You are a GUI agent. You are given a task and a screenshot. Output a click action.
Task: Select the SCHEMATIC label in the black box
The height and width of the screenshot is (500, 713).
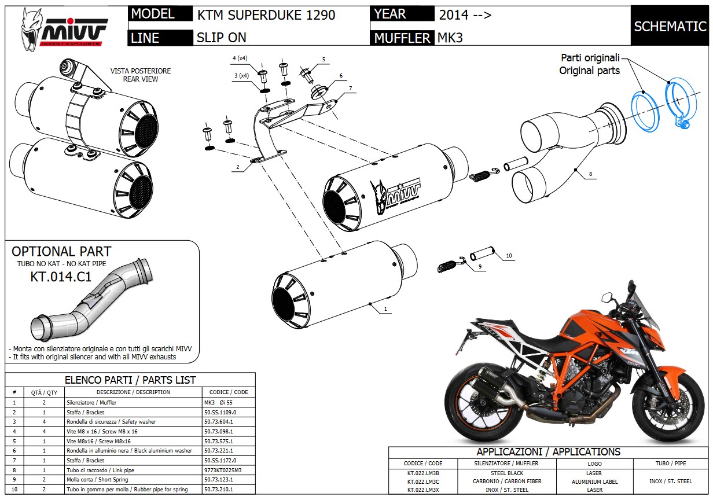coord(670,26)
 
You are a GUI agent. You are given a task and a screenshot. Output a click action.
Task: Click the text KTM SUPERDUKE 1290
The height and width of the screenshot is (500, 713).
coord(266,15)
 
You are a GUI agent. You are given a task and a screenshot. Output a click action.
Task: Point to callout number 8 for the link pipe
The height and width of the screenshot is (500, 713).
coord(590,173)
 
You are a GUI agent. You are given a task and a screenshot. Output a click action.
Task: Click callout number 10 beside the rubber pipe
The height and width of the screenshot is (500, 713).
coord(509,255)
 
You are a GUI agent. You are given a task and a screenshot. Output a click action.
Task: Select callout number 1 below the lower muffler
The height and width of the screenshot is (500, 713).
coord(385,309)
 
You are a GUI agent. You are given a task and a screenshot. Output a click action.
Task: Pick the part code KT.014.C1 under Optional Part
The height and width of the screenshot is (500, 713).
coord(61,277)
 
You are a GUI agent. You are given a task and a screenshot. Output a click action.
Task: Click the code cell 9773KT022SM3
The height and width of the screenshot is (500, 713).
coord(222,470)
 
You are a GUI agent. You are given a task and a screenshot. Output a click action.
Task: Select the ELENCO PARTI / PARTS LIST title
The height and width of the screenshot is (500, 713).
coord(130,380)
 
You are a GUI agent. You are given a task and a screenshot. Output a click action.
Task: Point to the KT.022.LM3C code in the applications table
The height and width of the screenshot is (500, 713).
coord(423,481)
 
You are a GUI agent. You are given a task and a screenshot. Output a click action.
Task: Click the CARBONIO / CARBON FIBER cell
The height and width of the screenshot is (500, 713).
coord(506,481)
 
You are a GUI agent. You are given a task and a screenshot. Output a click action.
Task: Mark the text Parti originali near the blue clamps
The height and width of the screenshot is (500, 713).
coord(590,58)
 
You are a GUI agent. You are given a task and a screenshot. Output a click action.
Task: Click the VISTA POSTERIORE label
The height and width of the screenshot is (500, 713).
coord(140,71)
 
